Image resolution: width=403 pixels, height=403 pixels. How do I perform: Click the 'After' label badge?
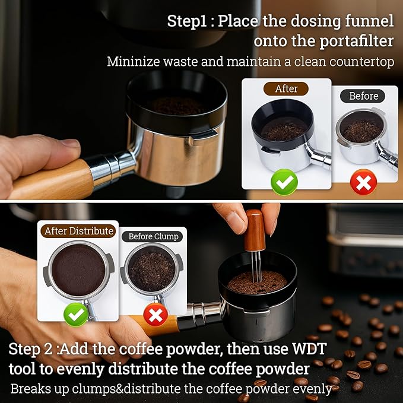[286, 88]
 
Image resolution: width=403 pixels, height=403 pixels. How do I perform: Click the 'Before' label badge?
[363, 95]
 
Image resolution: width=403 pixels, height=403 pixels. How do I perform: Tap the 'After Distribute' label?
[78, 230]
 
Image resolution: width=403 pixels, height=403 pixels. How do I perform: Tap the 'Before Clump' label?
[153, 236]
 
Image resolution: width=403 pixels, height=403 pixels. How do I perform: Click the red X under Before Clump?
[155, 315]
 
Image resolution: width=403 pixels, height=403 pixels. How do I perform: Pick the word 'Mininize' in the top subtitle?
[133, 61]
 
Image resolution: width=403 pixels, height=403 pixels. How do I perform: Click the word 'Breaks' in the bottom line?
[30, 389]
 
